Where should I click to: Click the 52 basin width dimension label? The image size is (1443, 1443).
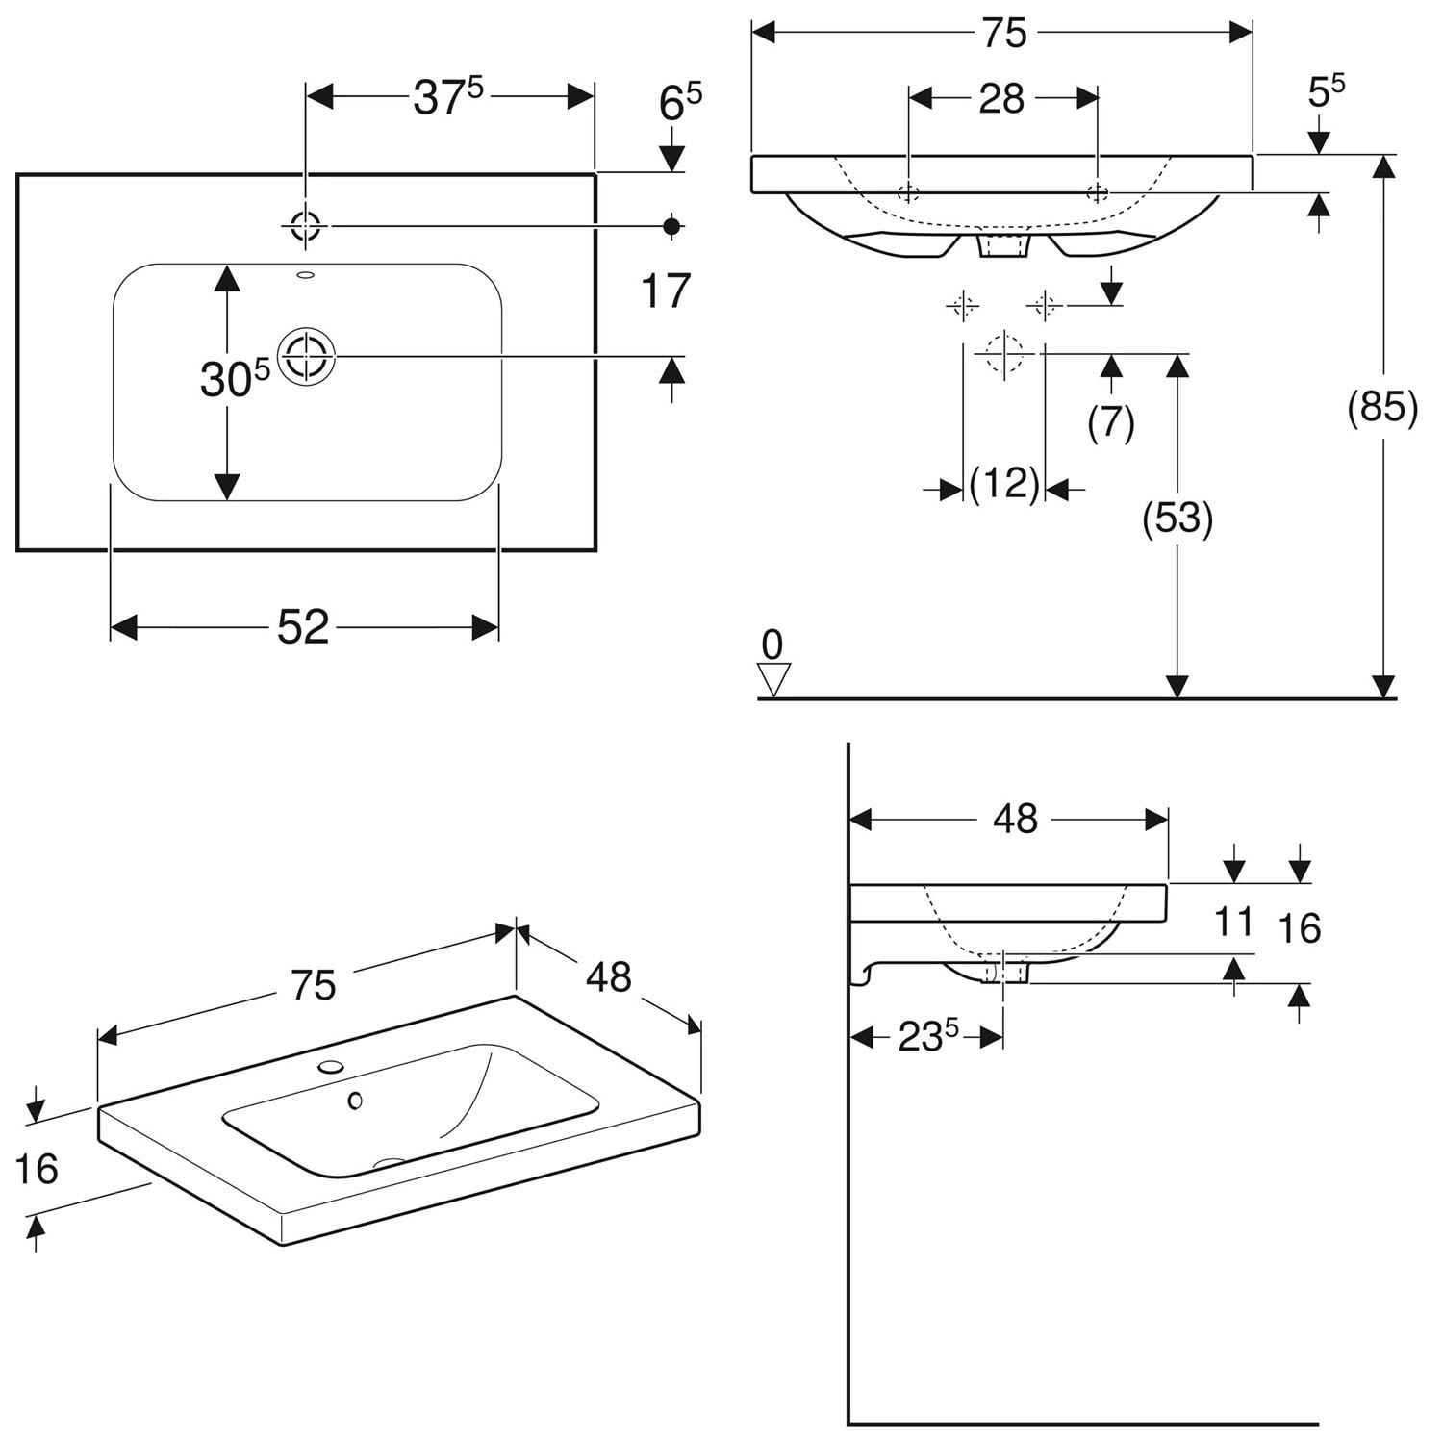(x=303, y=628)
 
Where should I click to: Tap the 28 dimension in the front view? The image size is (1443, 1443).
(x=1001, y=99)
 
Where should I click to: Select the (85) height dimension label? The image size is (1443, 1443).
(x=1382, y=408)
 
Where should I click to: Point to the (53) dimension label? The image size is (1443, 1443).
(x=1177, y=519)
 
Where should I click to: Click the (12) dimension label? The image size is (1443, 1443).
(x=1004, y=484)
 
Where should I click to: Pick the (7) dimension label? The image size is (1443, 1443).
(x=1111, y=421)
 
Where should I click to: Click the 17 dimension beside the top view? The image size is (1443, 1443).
(x=666, y=291)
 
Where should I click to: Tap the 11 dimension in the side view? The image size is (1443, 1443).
(x=1233, y=922)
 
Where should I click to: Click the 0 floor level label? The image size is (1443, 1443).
(x=772, y=644)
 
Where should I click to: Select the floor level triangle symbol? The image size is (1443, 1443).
(x=773, y=679)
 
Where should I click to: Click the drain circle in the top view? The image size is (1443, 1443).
(x=306, y=356)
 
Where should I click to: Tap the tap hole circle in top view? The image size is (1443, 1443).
(x=306, y=227)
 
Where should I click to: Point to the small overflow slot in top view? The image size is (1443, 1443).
(x=306, y=276)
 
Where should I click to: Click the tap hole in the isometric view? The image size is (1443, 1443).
(x=331, y=1066)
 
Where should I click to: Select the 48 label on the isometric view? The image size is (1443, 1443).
(x=608, y=977)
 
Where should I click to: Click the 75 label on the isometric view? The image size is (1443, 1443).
(x=313, y=986)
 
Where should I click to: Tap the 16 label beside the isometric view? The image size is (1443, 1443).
(x=37, y=1169)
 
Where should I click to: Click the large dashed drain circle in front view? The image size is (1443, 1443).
(x=1003, y=354)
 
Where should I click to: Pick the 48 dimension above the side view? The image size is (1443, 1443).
(x=1015, y=819)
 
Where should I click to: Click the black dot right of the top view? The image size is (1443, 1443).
(x=671, y=226)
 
